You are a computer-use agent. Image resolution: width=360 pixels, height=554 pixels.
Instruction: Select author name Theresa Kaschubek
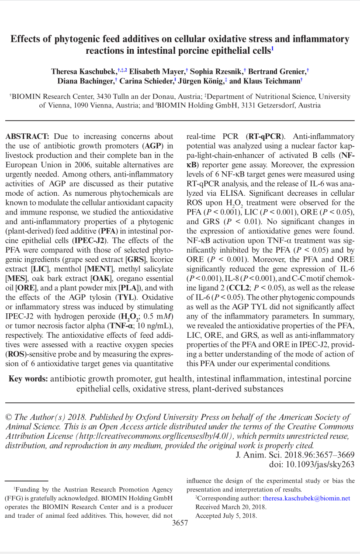(83, 71)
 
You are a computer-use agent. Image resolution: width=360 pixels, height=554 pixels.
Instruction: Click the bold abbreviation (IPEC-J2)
(90, 240)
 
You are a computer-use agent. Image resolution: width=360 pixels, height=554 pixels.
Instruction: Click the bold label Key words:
(28, 379)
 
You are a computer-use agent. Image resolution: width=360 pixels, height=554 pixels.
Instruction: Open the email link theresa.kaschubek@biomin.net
(306, 498)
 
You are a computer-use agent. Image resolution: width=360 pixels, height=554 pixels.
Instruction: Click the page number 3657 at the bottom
(180, 523)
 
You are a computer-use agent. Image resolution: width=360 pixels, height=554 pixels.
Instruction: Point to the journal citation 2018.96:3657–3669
(317, 455)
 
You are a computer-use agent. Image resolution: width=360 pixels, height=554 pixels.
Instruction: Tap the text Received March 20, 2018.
(231, 507)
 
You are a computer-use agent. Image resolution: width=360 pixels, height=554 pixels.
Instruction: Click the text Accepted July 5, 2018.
(226, 516)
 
